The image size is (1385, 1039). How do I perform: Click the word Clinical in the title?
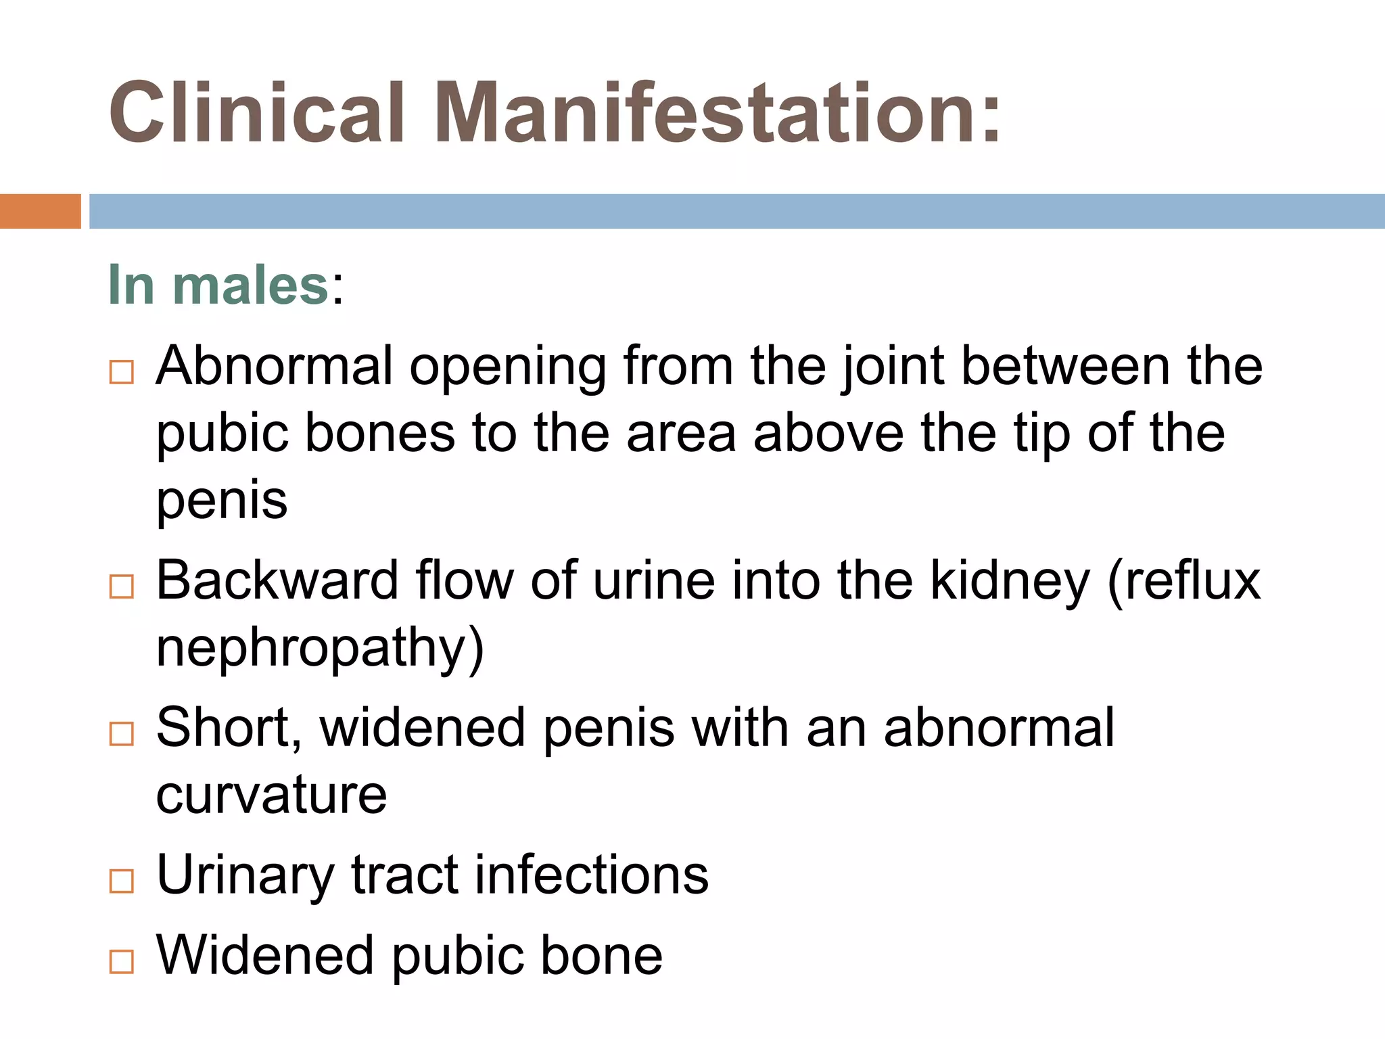(257, 113)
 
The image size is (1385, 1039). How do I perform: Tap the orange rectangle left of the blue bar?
(40, 211)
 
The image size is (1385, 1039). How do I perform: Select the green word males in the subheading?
(251, 285)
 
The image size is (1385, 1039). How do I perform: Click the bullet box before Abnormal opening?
(122, 372)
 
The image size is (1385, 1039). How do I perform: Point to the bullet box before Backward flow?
(122, 586)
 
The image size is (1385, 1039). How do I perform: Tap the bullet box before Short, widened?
(122, 733)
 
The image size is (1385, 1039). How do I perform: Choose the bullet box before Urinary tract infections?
(122, 881)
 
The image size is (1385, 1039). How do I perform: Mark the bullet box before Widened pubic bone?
(122, 961)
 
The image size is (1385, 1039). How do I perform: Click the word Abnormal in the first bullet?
(274, 366)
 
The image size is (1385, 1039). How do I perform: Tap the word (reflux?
(1184, 580)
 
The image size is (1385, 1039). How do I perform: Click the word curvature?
(271, 795)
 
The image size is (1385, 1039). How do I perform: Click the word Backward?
(277, 580)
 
